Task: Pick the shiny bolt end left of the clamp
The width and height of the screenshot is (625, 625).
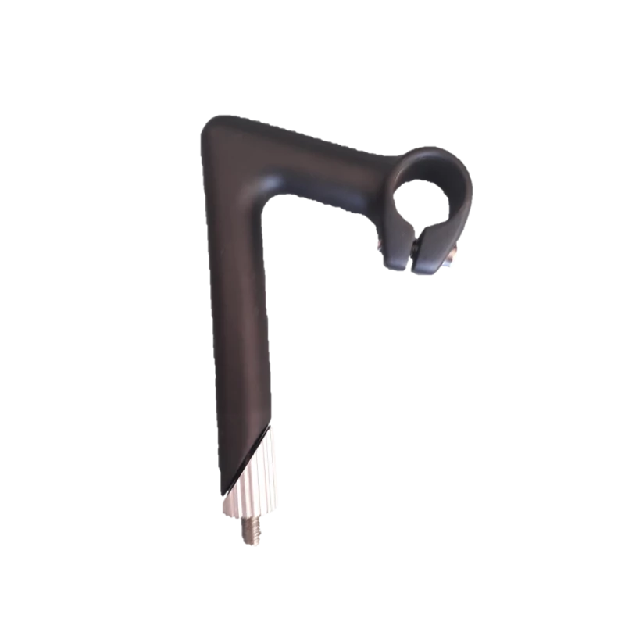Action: pos(380,249)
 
